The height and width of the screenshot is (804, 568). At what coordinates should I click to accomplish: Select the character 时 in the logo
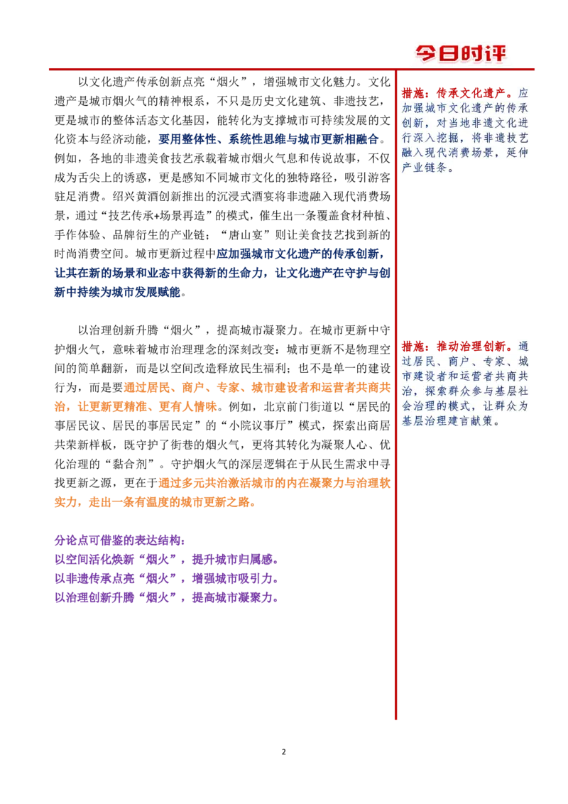[475, 53]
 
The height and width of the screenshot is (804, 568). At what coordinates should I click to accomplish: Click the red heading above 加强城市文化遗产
[456, 92]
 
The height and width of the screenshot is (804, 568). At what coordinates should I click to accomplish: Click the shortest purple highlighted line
[119, 541]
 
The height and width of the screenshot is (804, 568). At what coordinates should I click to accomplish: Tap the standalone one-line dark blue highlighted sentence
[268, 139]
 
